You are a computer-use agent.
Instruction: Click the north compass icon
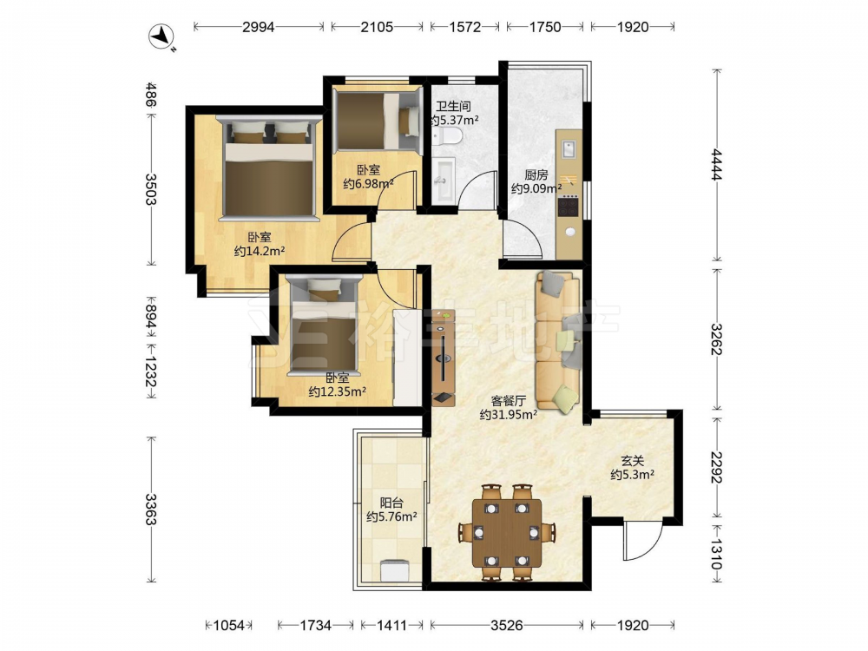tap(161, 37)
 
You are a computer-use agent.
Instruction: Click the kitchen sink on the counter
tap(569, 149)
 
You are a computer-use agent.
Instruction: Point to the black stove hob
tap(568, 207)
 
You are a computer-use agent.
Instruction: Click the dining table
tap(507, 533)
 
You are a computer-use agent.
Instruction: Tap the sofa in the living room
tap(557, 341)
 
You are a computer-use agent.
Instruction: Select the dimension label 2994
tap(259, 27)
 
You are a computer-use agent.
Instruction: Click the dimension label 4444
tap(717, 164)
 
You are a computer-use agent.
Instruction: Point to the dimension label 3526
tap(507, 625)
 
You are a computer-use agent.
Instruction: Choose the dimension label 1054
tap(228, 625)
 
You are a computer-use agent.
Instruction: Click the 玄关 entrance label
tap(632, 461)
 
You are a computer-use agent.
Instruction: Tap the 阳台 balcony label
tap(391, 503)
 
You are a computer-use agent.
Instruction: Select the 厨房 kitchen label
tap(536, 175)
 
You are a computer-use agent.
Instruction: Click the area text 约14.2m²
tap(260, 252)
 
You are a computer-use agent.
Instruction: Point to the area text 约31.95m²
tap(508, 414)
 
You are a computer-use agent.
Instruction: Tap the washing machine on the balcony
tap(394, 571)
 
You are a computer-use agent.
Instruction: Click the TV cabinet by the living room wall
tap(444, 358)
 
